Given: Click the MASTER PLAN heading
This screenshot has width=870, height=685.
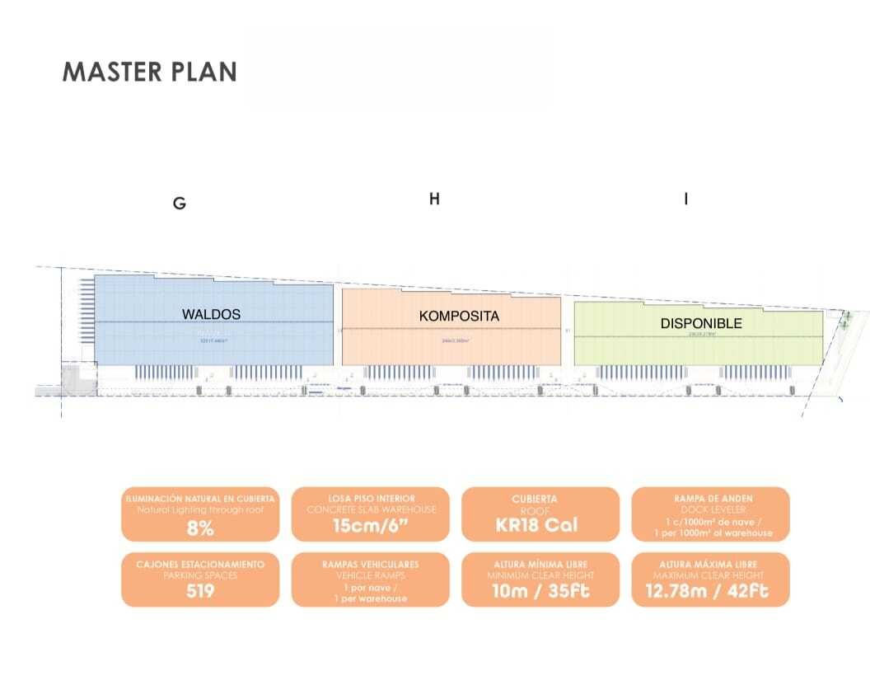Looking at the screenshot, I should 150,72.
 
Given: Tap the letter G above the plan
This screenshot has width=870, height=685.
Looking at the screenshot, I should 179,204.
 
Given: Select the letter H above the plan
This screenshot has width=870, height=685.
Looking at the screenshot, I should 434,199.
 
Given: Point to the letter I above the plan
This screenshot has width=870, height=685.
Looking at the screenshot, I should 686,199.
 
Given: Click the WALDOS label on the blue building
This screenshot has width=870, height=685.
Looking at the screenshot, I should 211,314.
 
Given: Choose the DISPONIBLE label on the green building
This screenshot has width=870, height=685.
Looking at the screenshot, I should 701,323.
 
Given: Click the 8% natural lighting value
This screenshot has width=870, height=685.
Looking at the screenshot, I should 200,528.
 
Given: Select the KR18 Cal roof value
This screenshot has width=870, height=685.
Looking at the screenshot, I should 540,525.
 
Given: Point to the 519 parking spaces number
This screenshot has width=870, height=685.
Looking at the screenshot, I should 200,592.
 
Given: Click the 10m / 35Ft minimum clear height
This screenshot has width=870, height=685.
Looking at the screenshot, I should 540,591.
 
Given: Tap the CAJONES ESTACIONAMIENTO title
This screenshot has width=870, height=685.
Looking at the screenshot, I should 200,564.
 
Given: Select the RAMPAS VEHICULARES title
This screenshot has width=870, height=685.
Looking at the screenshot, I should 370,564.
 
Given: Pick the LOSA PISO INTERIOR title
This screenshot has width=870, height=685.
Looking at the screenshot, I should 370,498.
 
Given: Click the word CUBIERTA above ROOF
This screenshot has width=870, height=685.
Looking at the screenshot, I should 534,498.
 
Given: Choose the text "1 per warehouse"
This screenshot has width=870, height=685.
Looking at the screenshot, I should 370,598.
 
